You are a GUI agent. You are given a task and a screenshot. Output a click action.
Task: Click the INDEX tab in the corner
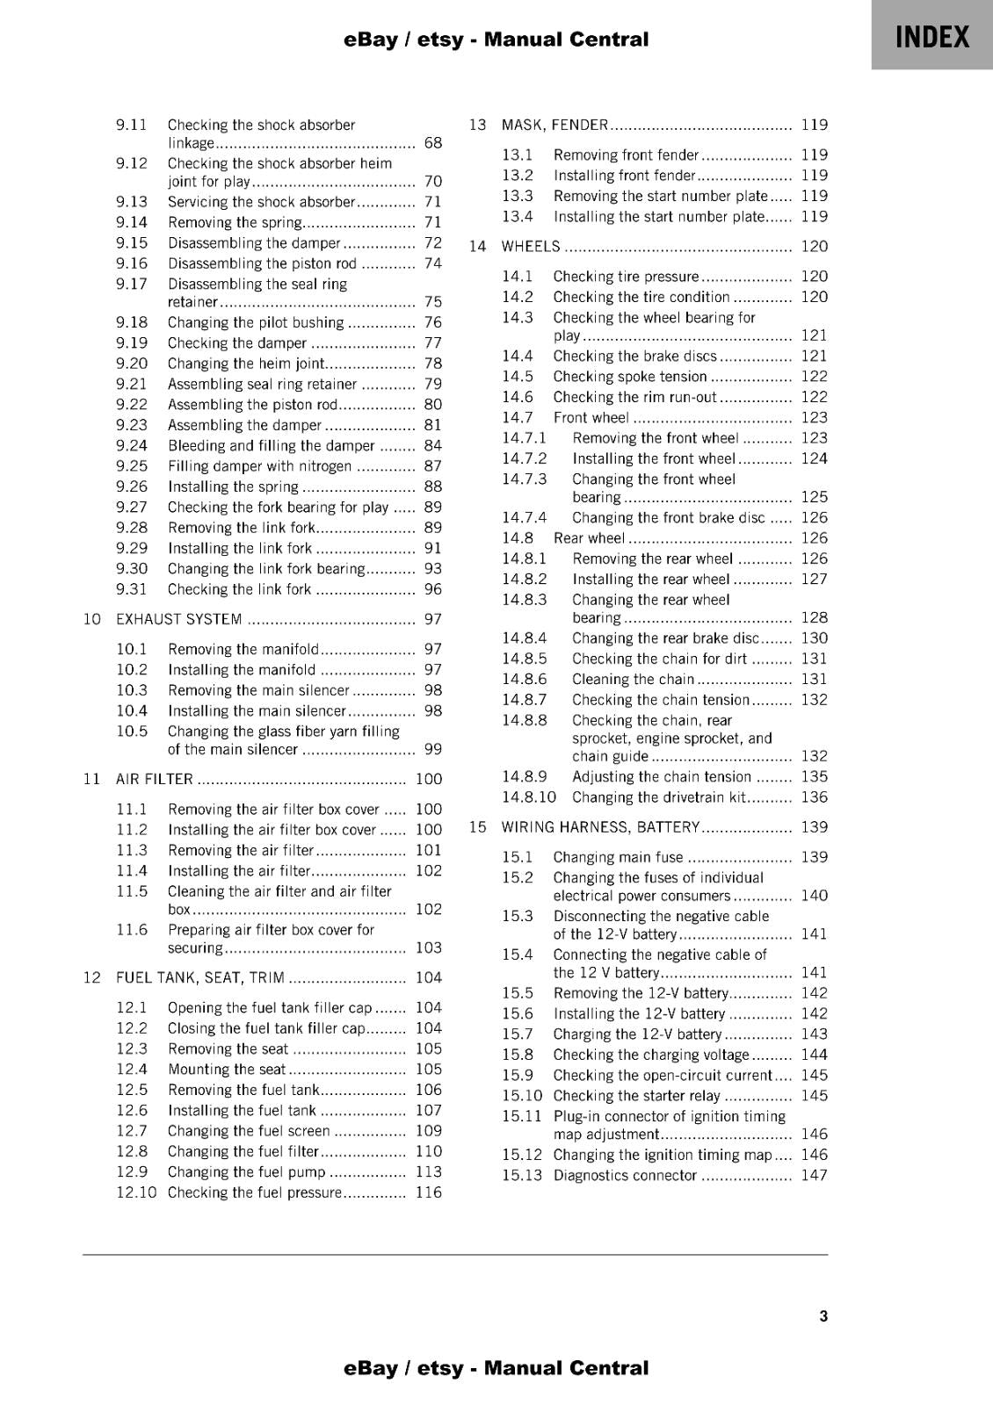(931, 37)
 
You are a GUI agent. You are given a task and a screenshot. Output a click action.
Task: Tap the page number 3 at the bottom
(823, 1315)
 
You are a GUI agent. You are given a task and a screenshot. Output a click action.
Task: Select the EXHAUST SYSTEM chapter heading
(179, 619)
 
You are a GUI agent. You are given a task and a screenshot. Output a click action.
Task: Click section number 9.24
(132, 445)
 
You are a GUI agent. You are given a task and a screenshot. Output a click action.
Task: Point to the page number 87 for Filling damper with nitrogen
(432, 466)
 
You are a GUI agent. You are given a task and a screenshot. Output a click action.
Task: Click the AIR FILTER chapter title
(155, 779)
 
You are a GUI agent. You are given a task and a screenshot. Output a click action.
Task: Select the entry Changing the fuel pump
(246, 1171)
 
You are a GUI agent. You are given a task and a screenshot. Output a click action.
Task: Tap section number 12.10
(136, 1192)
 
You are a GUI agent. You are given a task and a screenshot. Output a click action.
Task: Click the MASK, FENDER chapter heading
(554, 125)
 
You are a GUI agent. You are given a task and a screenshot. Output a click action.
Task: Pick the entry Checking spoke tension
(629, 377)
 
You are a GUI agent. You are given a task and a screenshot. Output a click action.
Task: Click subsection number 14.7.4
(524, 518)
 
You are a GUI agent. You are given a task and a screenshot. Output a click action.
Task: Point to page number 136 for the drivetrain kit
(814, 797)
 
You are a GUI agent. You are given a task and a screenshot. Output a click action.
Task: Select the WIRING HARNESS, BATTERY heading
(600, 827)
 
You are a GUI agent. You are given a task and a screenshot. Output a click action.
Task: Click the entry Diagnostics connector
(624, 1176)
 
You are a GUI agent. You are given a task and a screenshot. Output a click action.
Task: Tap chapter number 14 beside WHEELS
(477, 247)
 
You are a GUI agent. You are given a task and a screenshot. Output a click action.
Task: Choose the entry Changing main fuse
(617, 857)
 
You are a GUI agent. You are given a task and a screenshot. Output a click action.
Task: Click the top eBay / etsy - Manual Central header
(496, 40)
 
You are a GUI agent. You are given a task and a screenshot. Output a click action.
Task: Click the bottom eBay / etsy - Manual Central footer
(496, 1368)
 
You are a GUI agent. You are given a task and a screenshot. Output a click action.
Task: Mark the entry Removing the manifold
(243, 649)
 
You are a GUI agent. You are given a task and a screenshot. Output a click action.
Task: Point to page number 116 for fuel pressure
(428, 1192)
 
